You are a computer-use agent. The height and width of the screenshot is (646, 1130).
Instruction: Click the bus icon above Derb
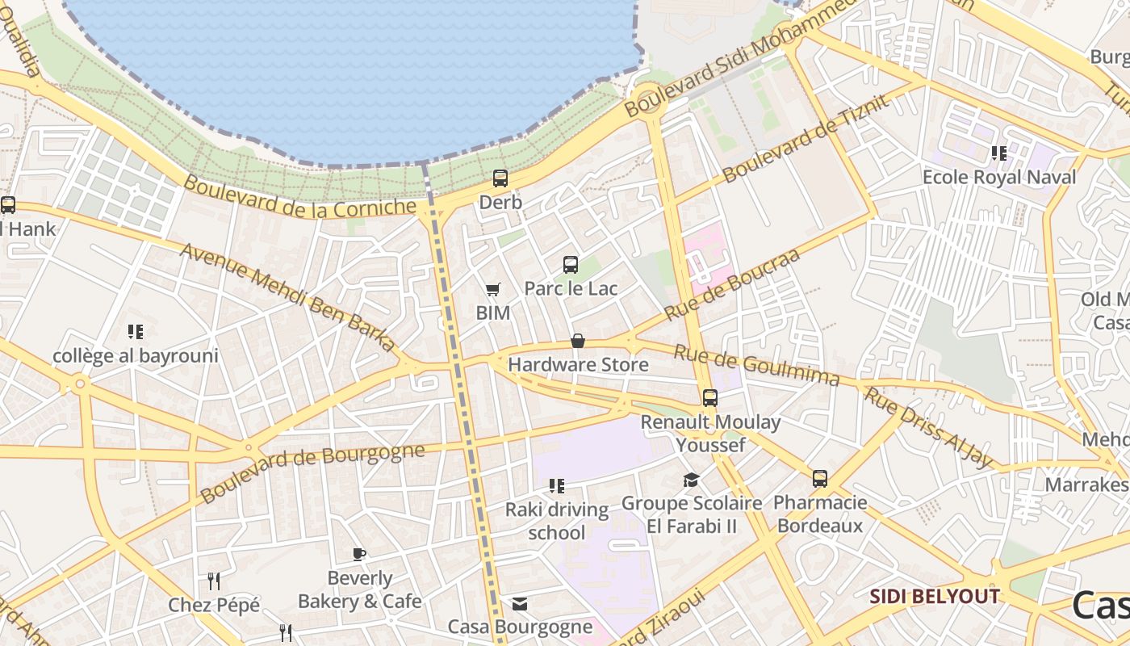tap(500, 178)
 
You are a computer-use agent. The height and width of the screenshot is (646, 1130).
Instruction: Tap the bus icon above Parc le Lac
tap(571, 265)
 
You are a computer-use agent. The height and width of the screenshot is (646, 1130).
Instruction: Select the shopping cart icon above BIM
tap(492, 289)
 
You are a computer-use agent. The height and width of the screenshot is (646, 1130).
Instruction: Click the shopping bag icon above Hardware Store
tap(578, 342)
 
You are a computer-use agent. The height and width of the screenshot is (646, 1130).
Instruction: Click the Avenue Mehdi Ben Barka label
tap(288, 297)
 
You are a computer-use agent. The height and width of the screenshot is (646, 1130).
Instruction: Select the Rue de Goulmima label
tap(755, 365)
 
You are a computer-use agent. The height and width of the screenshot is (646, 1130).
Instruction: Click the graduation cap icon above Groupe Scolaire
tap(691, 480)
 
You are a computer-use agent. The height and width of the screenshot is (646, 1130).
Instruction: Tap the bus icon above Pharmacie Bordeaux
tap(820, 479)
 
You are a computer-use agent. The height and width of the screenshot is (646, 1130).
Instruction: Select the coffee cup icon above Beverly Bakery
tap(360, 555)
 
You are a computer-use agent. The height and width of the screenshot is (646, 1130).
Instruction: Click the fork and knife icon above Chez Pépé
tap(214, 581)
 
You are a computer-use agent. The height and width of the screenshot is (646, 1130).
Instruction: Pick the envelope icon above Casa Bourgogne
tap(520, 604)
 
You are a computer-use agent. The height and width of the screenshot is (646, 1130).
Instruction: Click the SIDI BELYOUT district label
tap(934, 597)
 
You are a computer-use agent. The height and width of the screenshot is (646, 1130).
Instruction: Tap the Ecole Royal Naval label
tap(999, 178)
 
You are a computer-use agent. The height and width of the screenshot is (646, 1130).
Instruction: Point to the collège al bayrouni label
tap(136, 355)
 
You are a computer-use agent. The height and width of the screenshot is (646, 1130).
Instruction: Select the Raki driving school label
tap(556, 521)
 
